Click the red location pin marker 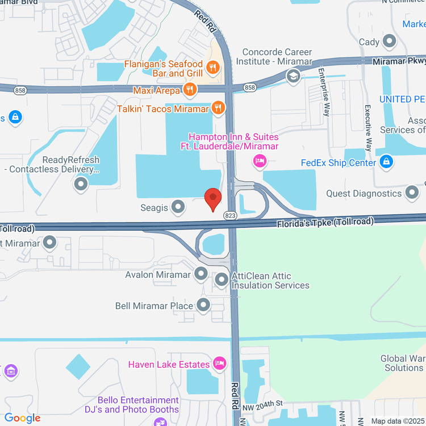pos(213,199)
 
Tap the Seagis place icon pos(178,208)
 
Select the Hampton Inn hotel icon pos(260,161)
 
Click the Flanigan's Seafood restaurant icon pos(213,68)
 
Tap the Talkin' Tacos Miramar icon pos(217,107)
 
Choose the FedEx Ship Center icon pos(386,162)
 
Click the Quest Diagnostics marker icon pos(411,193)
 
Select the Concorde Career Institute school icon pos(293,77)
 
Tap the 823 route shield pos(231,215)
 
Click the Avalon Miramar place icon pos(201,274)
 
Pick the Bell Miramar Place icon pos(203,306)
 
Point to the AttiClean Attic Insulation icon pos(222,279)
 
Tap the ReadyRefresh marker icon pos(81,184)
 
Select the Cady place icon pos(390,41)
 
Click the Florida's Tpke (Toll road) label pos(325,222)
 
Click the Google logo pos(23,418)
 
